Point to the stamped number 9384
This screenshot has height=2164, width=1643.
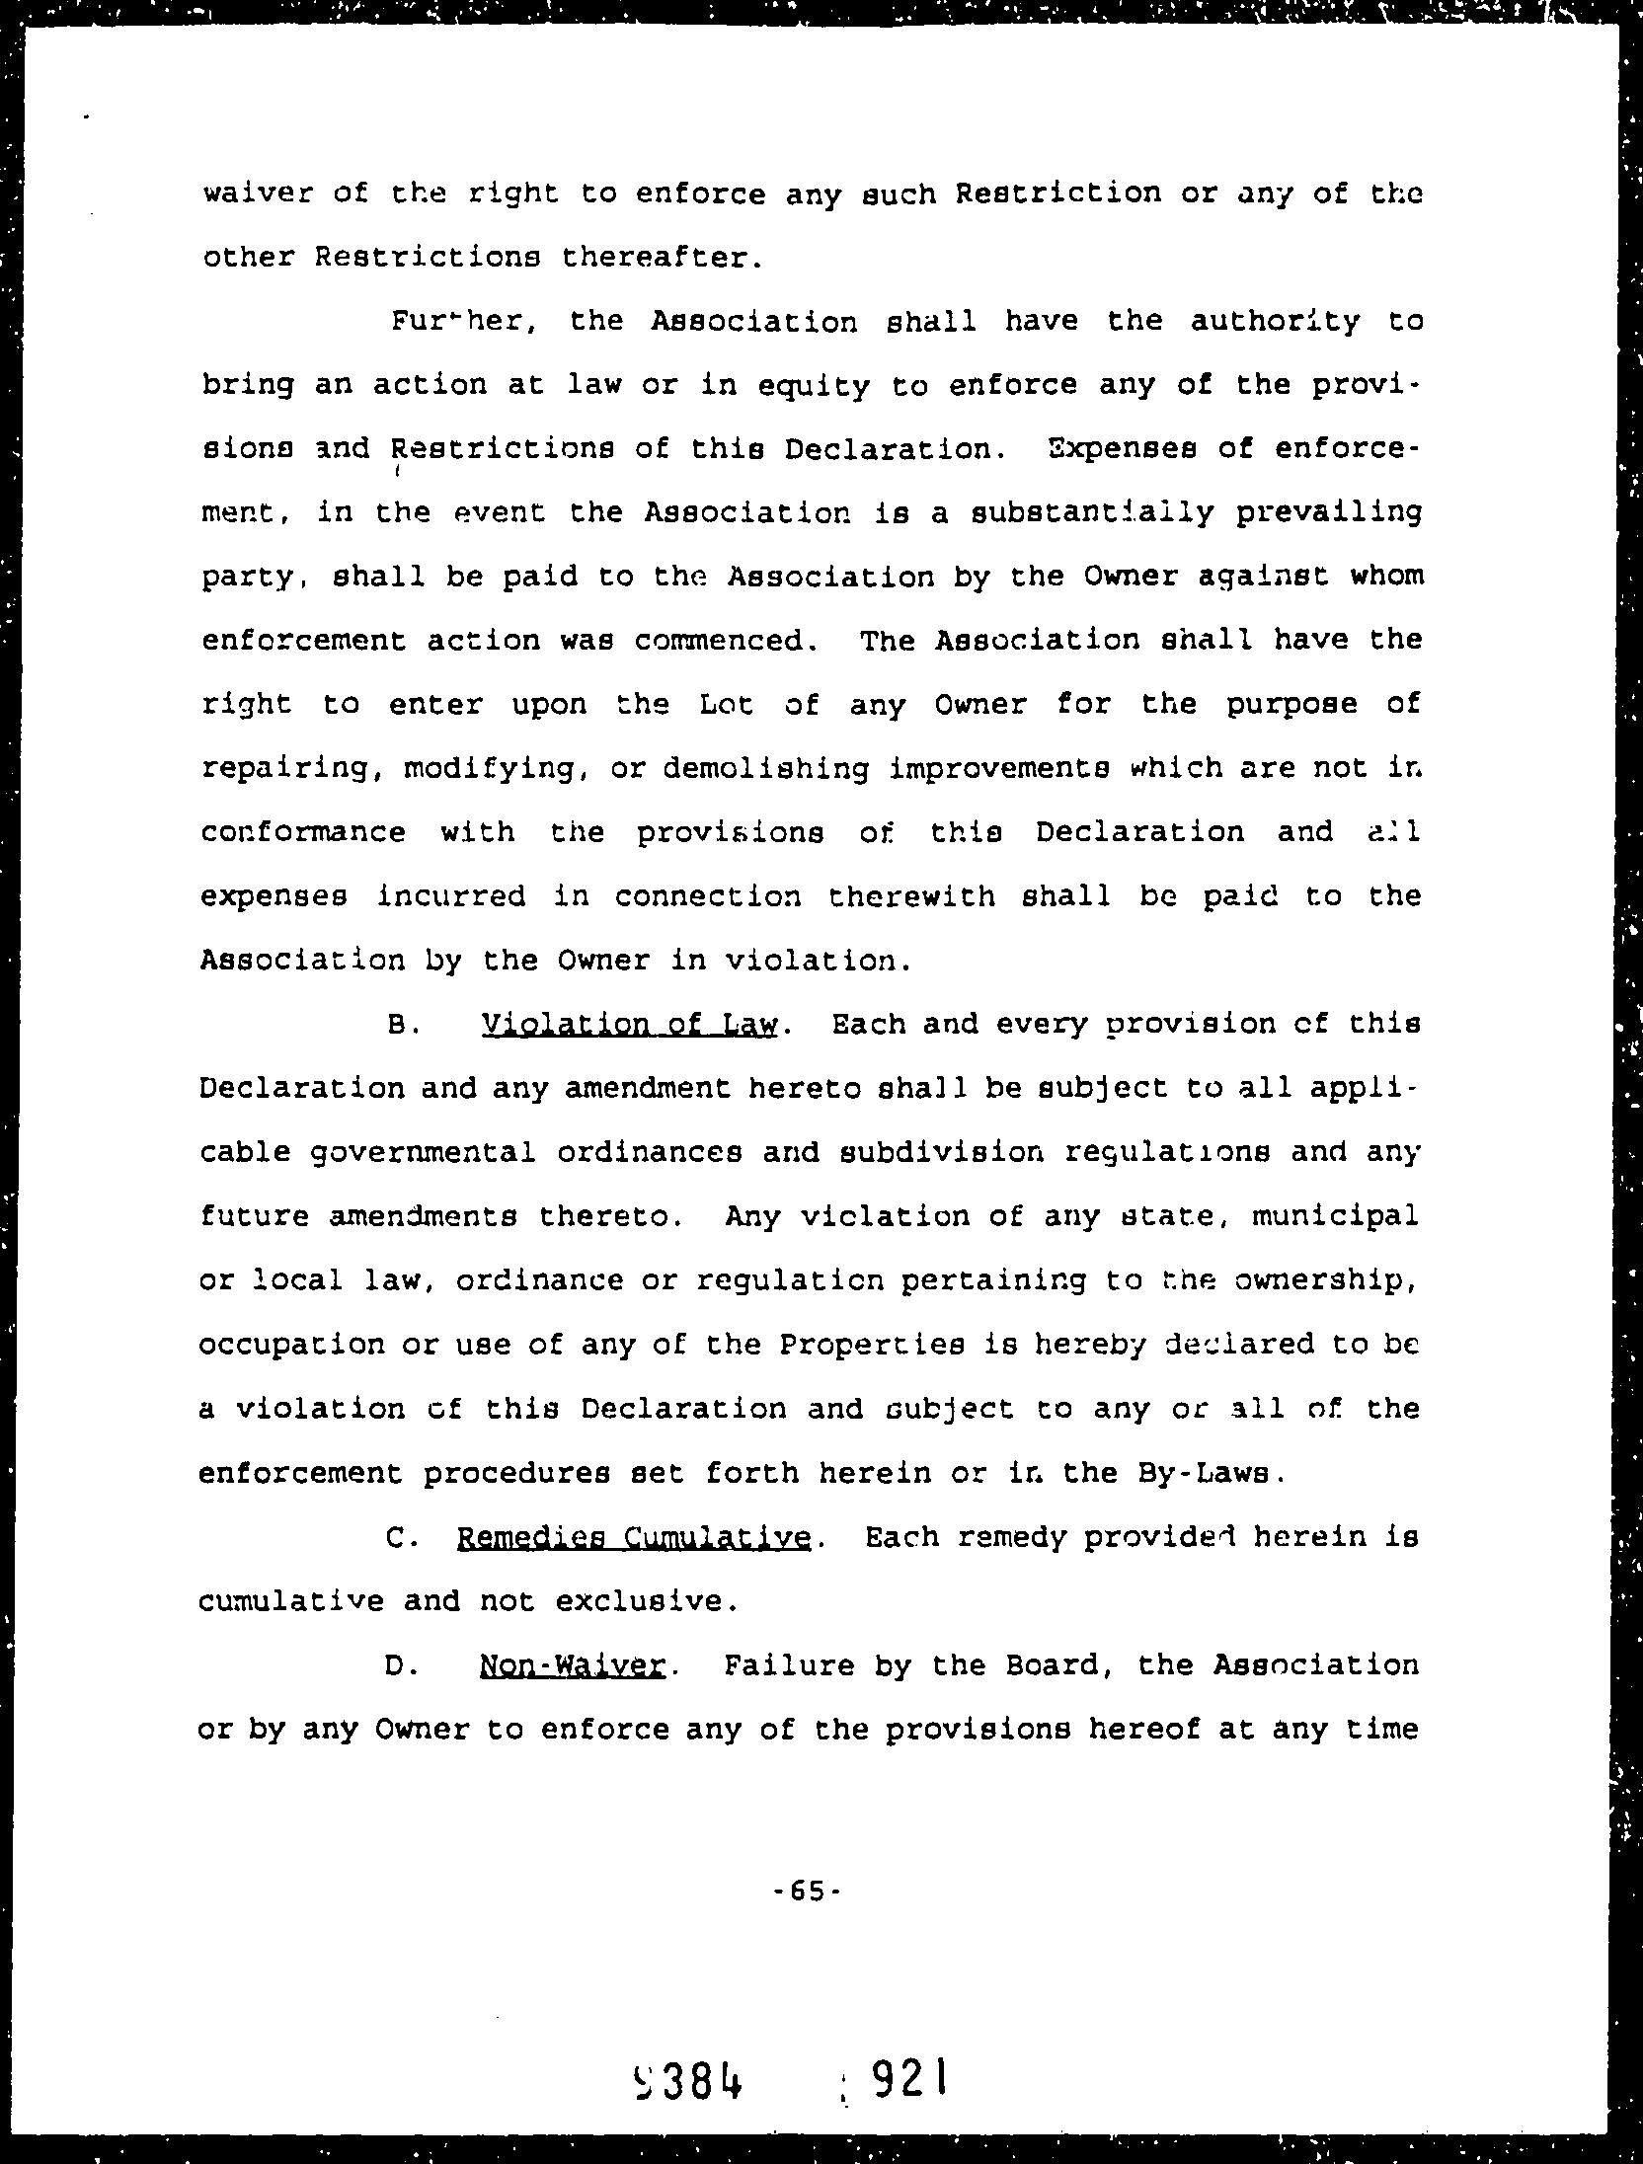[689, 2079]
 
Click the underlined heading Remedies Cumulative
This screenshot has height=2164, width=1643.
[634, 1538]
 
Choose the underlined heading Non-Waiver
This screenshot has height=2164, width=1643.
[572, 1666]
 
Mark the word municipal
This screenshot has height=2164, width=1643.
[1336, 1216]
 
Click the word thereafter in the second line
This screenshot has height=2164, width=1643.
[661, 258]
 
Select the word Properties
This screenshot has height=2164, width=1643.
[872, 1346]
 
